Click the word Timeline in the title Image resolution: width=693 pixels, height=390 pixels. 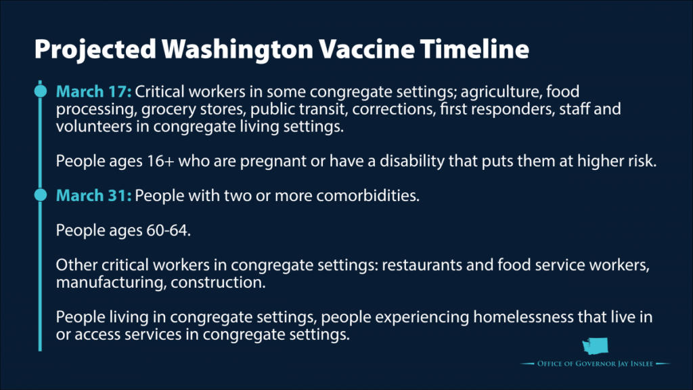coord(474,49)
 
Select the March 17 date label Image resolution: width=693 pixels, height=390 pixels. coord(93,91)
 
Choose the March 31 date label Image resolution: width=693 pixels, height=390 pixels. coord(93,196)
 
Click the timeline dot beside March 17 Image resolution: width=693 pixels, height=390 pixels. coord(40,91)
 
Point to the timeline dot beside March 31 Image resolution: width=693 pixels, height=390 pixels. coord(40,194)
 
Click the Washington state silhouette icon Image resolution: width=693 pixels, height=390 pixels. coord(596,346)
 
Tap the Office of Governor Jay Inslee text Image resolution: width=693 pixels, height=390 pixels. coord(595,364)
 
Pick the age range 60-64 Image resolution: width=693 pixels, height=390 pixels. coord(166,230)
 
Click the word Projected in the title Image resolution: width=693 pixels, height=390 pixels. coord(95,49)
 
